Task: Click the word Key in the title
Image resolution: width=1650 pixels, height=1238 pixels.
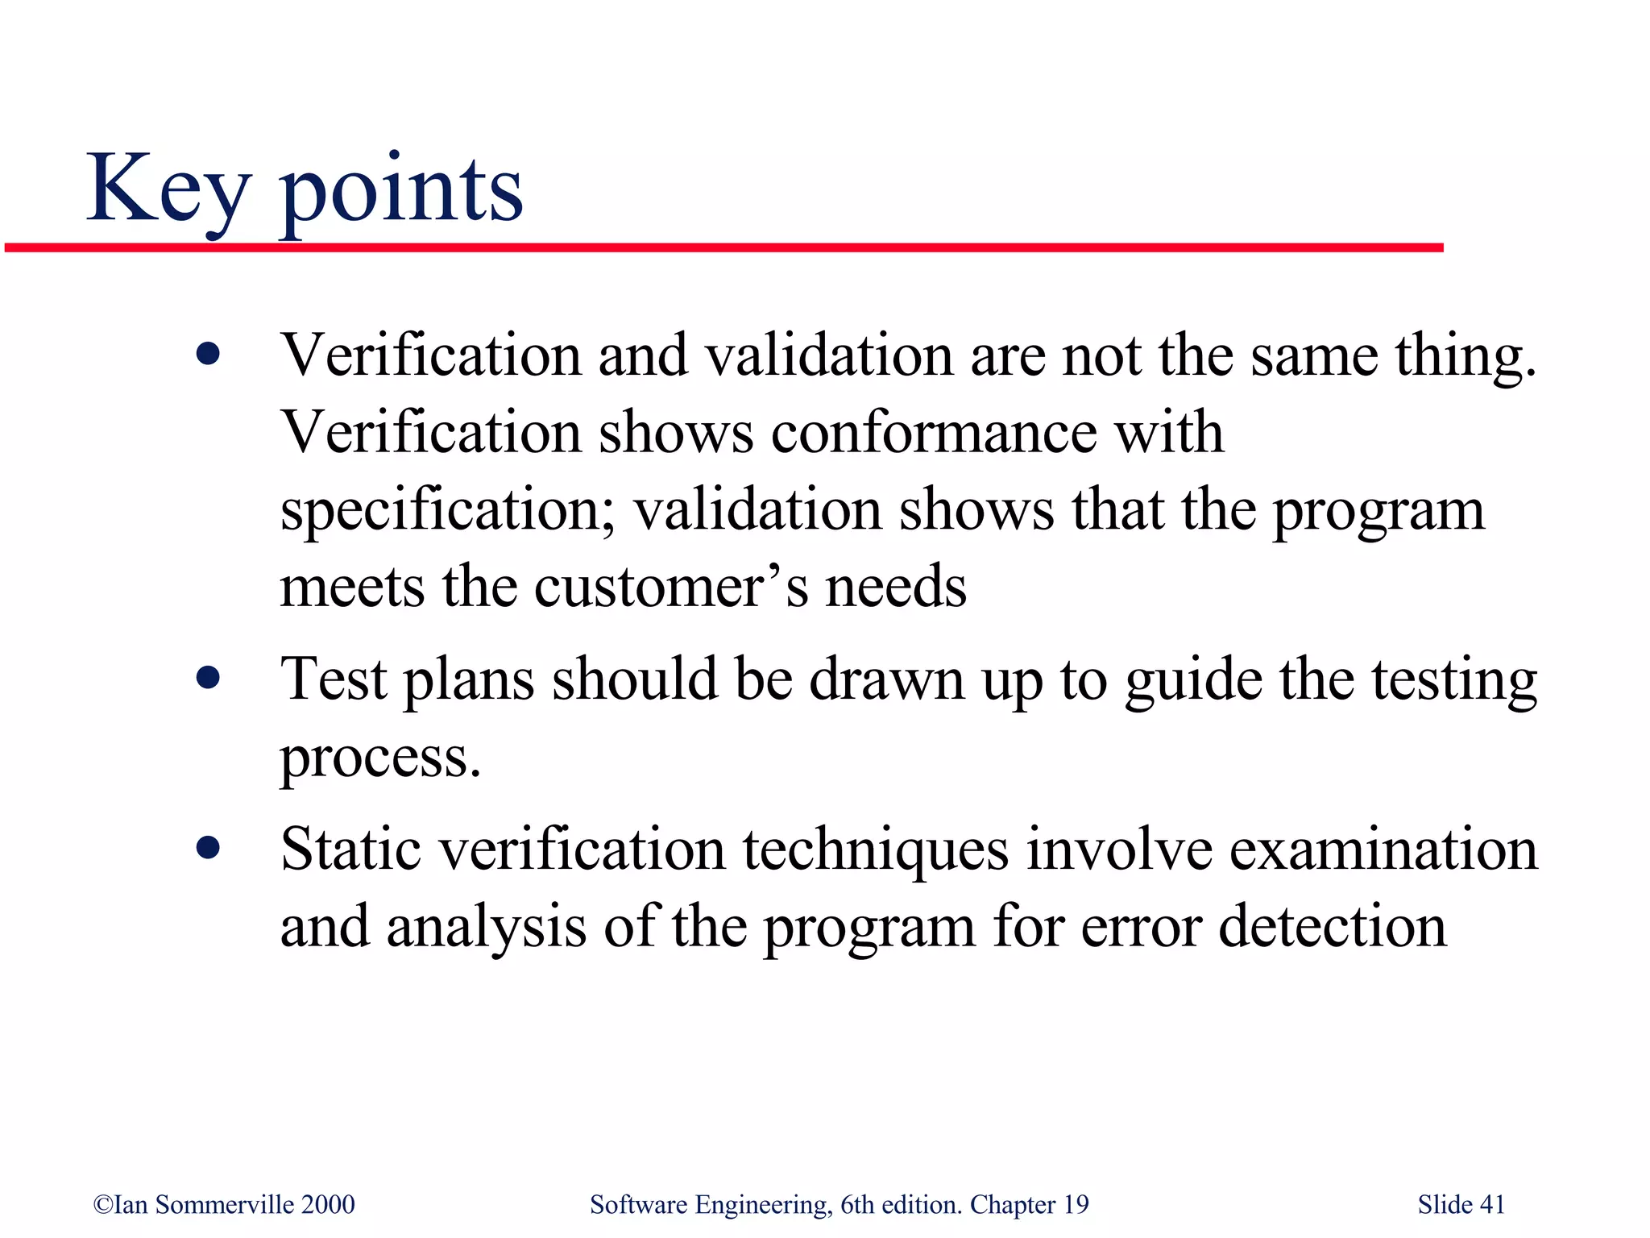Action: coord(168,191)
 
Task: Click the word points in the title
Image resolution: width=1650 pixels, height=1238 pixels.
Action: coord(400,193)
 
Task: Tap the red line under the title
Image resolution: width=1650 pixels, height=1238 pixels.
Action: coord(725,247)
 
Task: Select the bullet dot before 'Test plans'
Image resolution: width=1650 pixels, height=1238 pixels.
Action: coord(208,678)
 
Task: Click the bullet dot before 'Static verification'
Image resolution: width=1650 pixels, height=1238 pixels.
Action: coord(208,848)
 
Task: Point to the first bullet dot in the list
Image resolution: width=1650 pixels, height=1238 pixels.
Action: coord(208,354)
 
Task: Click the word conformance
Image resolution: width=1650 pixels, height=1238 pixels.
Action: coord(934,432)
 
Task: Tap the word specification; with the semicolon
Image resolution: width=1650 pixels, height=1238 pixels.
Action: coord(448,512)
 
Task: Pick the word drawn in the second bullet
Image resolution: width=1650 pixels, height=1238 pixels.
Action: coord(886,679)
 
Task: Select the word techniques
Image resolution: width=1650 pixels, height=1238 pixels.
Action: coord(875,851)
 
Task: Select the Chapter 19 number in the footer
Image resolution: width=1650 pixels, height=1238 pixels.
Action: coord(1076,1204)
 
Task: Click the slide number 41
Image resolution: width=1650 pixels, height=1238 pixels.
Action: coord(1492,1204)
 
